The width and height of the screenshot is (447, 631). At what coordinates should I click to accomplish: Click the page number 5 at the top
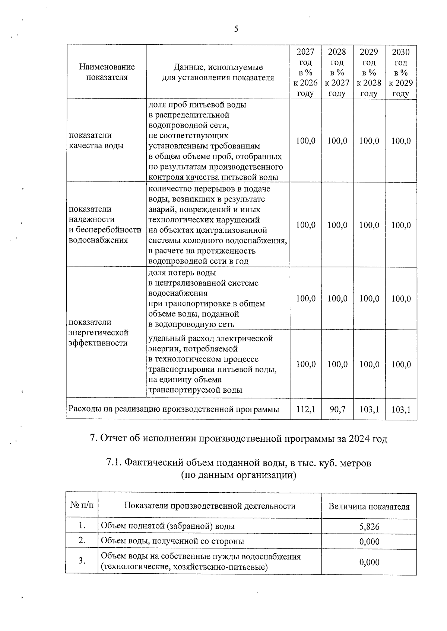pyautogui.click(x=236, y=29)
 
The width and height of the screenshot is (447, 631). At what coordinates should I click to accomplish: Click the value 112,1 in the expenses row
pyautogui.click(x=305, y=409)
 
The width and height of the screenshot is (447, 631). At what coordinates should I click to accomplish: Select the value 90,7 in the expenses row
pyautogui.click(x=337, y=409)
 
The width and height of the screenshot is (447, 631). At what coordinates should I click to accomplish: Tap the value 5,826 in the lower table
pyautogui.click(x=369, y=526)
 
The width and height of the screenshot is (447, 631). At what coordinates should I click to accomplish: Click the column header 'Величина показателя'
pyautogui.click(x=369, y=506)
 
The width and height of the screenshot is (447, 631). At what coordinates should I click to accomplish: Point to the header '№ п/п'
pyautogui.click(x=82, y=506)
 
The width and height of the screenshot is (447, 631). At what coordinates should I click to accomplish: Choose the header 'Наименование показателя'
pyautogui.click(x=107, y=72)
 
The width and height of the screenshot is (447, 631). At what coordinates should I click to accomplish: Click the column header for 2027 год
pyautogui.click(x=305, y=72)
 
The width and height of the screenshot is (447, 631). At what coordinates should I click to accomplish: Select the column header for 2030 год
pyautogui.click(x=401, y=72)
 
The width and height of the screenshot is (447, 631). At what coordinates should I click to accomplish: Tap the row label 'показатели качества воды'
pyautogui.click(x=96, y=140)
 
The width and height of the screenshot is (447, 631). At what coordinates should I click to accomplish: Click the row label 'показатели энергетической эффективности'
pyautogui.click(x=99, y=332)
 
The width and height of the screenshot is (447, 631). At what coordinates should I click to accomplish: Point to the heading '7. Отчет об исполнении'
pyautogui.click(x=239, y=439)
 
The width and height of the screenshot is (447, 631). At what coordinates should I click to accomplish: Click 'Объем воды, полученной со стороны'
pyautogui.click(x=172, y=541)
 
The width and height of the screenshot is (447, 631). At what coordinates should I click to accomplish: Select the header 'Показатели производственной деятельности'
pyautogui.click(x=210, y=506)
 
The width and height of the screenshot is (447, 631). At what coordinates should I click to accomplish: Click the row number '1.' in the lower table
pyautogui.click(x=82, y=526)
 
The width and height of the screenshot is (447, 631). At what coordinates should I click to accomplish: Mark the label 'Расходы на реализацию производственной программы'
pyautogui.click(x=174, y=409)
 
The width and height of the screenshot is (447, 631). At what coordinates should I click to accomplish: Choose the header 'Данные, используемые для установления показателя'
pyautogui.click(x=218, y=72)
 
